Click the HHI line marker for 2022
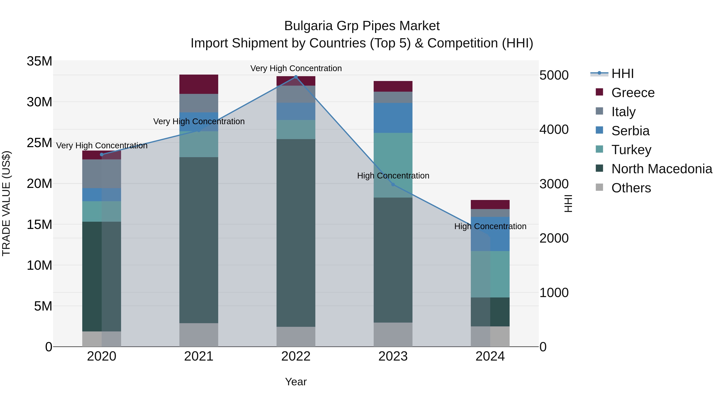pyautogui.click(x=296, y=77)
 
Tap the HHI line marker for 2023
pyautogui.click(x=393, y=185)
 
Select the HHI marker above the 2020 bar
pyautogui.click(x=102, y=155)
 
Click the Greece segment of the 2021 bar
pyautogui.click(x=199, y=84)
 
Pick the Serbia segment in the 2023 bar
pyautogui.click(x=393, y=118)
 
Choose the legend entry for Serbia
pyautogui.click(x=630, y=131)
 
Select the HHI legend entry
pyautogui.click(x=622, y=74)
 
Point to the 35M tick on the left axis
pyautogui.click(x=39, y=61)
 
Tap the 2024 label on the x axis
pyautogui.click(x=490, y=356)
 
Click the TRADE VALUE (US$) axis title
pyautogui.click(x=6, y=203)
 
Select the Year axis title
pyautogui.click(x=296, y=382)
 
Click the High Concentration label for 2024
pyautogui.click(x=490, y=226)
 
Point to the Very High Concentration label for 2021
pyautogui.click(x=199, y=121)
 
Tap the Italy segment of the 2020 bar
pyautogui.click(x=102, y=174)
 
